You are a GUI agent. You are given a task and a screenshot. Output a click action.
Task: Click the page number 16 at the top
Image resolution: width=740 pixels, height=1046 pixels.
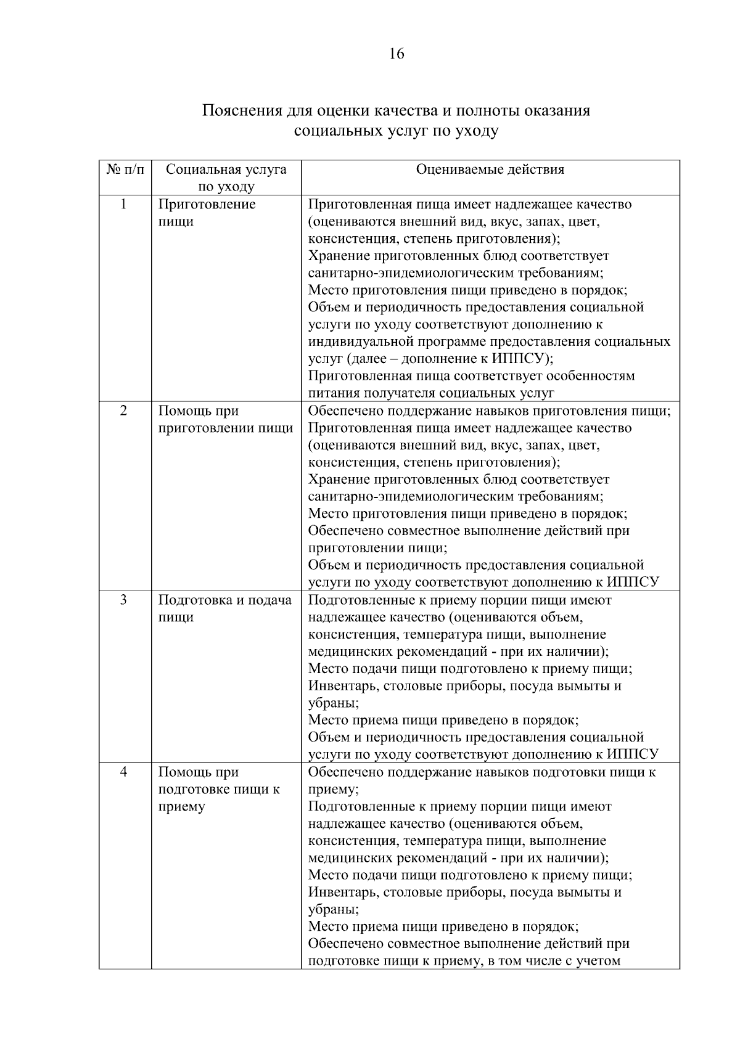[397, 54]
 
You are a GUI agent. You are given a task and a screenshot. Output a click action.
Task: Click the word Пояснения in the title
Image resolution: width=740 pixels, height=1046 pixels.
[242, 111]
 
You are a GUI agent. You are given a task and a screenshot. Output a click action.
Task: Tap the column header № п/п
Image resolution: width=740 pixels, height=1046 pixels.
[125, 170]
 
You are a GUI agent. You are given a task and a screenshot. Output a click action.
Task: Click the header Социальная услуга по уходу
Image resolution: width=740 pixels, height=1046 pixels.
[226, 178]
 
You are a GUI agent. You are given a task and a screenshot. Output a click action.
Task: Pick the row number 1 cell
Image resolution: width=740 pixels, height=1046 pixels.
[124, 204]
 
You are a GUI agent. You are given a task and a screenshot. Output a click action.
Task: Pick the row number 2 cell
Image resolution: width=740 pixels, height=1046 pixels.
[124, 411]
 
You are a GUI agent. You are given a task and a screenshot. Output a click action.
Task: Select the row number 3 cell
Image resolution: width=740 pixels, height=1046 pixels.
[124, 600]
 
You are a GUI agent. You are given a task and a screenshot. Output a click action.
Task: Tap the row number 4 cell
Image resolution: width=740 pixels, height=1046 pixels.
[124, 772]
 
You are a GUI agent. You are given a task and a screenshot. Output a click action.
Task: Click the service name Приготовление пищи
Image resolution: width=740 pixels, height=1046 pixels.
[207, 213]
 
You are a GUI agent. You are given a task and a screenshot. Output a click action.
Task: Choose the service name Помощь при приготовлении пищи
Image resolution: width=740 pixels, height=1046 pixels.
[225, 419]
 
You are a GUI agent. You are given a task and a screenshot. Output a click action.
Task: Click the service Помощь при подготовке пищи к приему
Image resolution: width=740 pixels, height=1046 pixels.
[219, 789]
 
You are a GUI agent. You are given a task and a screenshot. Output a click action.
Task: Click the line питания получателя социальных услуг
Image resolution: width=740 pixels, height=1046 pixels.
[430, 393]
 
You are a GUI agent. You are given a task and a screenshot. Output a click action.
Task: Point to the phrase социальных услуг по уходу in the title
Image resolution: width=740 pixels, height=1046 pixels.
[396, 131]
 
